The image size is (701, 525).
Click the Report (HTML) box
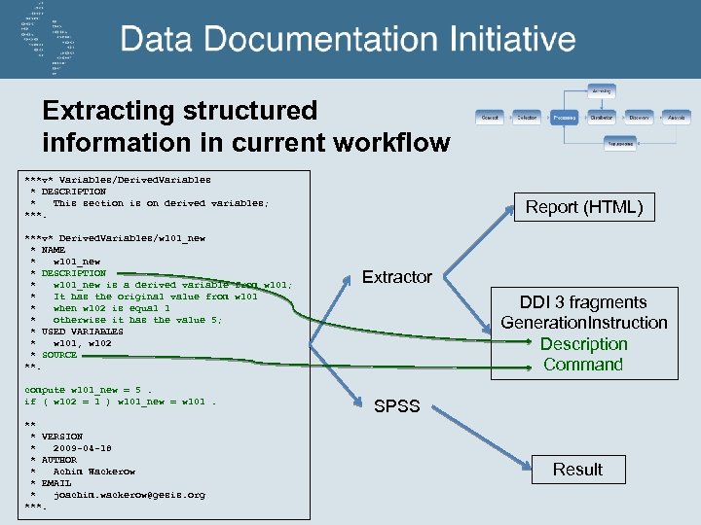pos(584,207)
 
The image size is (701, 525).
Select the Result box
pos(577,470)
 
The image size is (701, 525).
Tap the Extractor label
pos(397,277)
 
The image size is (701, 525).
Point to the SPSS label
pos(397,406)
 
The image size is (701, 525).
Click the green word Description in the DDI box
pos(584,344)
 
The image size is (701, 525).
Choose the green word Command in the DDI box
pos(583,365)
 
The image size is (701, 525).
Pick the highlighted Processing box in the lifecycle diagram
pos(565,117)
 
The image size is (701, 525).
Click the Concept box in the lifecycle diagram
pos(490,117)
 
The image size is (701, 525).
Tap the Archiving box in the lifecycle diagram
pos(602,90)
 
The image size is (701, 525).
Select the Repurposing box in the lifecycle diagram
pos(620,143)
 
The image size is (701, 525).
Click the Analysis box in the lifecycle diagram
pos(676,117)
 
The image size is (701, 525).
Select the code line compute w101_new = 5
pos(89,390)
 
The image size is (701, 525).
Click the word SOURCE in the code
pos(58,355)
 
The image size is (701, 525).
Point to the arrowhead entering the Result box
pos(524,470)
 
